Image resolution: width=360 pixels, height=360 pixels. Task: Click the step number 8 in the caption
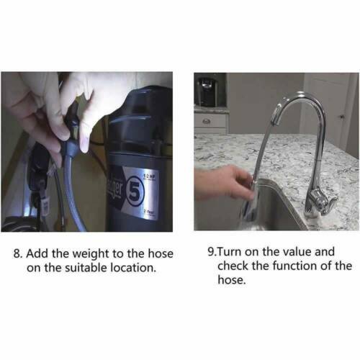pyautogui.click(x=19, y=253)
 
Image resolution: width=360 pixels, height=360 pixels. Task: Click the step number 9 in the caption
pyautogui.click(x=210, y=252)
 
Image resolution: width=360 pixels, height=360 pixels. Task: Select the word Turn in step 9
pyautogui.click(x=230, y=252)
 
